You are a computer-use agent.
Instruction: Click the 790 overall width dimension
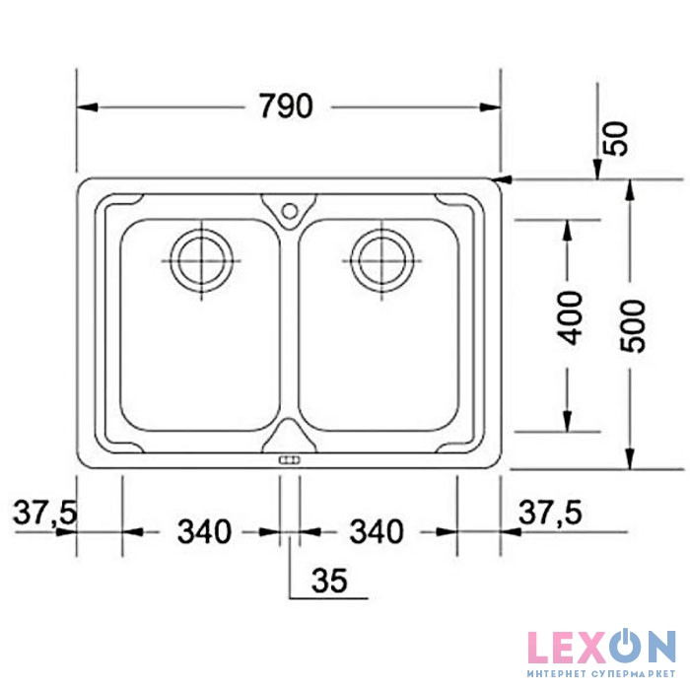click(286, 106)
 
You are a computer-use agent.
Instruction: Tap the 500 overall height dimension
click(633, 325)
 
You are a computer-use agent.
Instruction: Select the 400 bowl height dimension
click(570, 317)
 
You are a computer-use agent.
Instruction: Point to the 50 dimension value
click(616, 138)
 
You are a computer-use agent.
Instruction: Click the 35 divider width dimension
click(329, 580)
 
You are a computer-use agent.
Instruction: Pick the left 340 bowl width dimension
click(204, 531)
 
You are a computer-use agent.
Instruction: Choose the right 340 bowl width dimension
click(377, 531)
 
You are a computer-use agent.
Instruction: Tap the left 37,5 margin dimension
click(45, 513)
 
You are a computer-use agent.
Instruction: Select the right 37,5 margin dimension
click(550, 513)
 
